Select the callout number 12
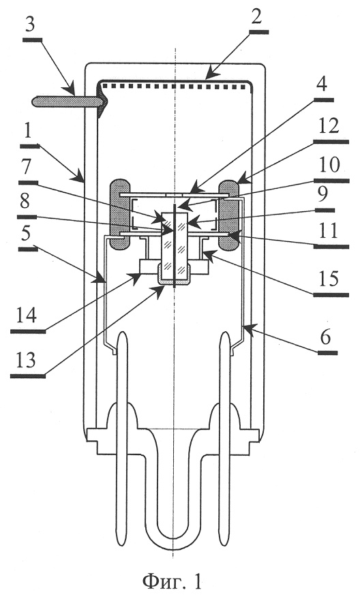[329, 126]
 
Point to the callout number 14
[26, 316]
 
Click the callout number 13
[26, 360]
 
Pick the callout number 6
[325, 338]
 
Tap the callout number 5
[27, 234]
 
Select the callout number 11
[329, 232]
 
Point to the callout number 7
[27, 167]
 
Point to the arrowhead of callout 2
[207, 76]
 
